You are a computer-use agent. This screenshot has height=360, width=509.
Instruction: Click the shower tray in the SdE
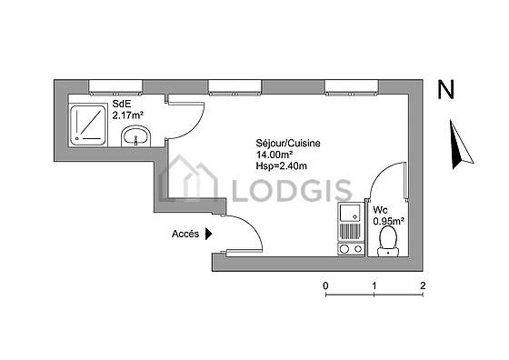click(88, 125)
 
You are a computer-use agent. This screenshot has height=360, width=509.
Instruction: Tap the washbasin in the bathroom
click(136, 136)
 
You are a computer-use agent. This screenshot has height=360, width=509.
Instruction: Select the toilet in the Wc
click(388, 241)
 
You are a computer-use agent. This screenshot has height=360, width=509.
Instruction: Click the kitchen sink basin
click(349, 213)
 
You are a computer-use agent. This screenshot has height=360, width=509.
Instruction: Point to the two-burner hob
click(351, 249)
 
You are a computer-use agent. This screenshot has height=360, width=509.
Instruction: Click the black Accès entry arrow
click(208, 234)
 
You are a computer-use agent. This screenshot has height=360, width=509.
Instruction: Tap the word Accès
click(185, 234)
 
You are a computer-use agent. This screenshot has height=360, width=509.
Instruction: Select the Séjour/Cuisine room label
click(288, 143)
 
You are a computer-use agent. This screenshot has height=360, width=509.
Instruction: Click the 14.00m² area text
click(274, 155)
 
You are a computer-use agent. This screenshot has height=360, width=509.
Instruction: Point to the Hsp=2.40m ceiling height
click(281, 166)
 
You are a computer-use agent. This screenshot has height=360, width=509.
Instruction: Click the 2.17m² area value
click(128, 115)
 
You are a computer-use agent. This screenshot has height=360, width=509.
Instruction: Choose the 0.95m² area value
click(389, 222)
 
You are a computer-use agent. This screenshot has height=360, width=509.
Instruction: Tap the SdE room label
click(122, 104)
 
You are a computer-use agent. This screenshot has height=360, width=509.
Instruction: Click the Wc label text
click(380, 210)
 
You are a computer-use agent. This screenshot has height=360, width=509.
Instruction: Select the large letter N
click(446, 90)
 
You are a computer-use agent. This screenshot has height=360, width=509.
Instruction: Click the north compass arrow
click(460, 145)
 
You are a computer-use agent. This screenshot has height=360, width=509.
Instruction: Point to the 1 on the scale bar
click(374, 285)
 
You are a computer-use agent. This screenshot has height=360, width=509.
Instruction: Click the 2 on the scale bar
click(423, 285)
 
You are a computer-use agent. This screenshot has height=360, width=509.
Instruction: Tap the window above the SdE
click(115, 87)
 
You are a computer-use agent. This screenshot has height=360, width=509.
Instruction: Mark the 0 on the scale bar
click(325, 285)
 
